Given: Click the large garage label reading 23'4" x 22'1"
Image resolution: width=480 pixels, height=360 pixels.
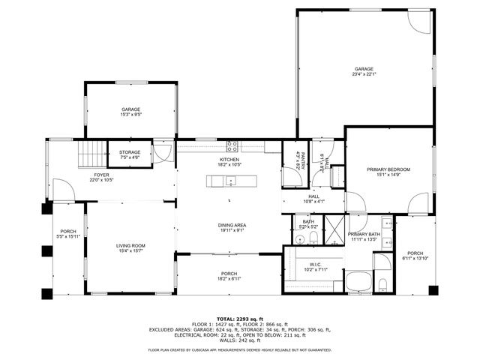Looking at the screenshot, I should [x=364, y=71].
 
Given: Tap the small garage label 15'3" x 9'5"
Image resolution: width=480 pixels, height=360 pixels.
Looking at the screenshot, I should [x=131, y=112].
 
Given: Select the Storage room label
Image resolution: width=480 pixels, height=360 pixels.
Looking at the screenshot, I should [x=129, y=154].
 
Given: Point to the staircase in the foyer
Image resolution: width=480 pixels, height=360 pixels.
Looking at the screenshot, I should [x=93, y=156].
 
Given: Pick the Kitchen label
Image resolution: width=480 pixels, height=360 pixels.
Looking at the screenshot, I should [x=229, y=162].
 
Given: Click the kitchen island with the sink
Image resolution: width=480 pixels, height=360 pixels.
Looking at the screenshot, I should [x=232, y=181].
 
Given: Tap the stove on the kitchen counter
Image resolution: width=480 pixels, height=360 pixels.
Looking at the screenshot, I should [x=232, y=145].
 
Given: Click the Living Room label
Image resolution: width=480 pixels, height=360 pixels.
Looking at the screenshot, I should [x=130, y=247].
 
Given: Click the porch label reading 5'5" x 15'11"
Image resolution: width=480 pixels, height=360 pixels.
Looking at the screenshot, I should [x=67, y=233].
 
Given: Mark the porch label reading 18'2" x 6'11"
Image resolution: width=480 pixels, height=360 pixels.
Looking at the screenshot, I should [x=229, y=275].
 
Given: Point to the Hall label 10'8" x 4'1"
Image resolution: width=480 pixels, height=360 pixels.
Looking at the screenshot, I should [x=313, y=199].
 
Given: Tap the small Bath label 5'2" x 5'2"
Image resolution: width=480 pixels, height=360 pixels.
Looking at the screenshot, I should [x=308, y=223].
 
